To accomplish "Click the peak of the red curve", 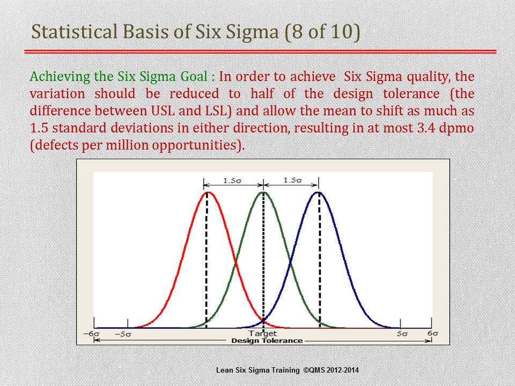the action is tap(207, 192).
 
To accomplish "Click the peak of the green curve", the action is tap(263, 192).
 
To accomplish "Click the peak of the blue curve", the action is tap(318, 192).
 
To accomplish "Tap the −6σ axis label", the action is tap(91, 334).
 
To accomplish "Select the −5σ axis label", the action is tap(123, 334).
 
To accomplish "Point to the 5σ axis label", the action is tap(402, 334).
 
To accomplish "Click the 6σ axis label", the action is tap(432, 333).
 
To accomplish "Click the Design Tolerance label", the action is tap(267, 341).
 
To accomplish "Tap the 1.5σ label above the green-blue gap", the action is tap(293, 180).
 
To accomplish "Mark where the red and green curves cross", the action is tap(235, 263).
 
